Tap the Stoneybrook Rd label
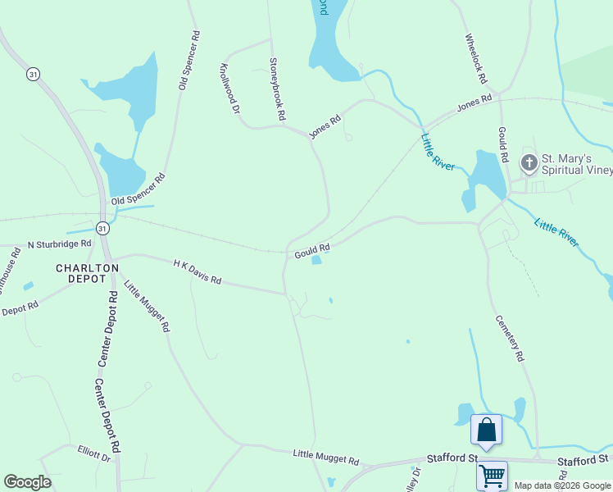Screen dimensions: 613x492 point(278,84)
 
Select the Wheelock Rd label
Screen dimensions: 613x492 point(476,59)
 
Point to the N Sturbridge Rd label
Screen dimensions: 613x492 point(59,244)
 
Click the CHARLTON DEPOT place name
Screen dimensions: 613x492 point(81,273)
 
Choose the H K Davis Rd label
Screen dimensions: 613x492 point(197,271)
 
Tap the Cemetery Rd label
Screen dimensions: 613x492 point(508,339)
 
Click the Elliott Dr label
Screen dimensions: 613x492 point(94,453)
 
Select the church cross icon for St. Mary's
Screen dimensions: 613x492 point(529,163)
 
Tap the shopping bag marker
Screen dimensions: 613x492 point(486,430)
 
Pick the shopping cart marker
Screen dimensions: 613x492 point(492,475)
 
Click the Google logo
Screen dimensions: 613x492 point(27,482)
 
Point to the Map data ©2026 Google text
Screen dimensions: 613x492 point(562,485)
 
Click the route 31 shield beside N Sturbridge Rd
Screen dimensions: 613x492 point(102,228)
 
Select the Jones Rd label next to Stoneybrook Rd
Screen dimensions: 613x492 point(324,127)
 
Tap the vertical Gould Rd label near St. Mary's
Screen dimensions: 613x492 point(503,144)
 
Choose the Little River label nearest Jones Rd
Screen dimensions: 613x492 point(438,152)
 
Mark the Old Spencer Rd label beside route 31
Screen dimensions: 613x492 point(138,189)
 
